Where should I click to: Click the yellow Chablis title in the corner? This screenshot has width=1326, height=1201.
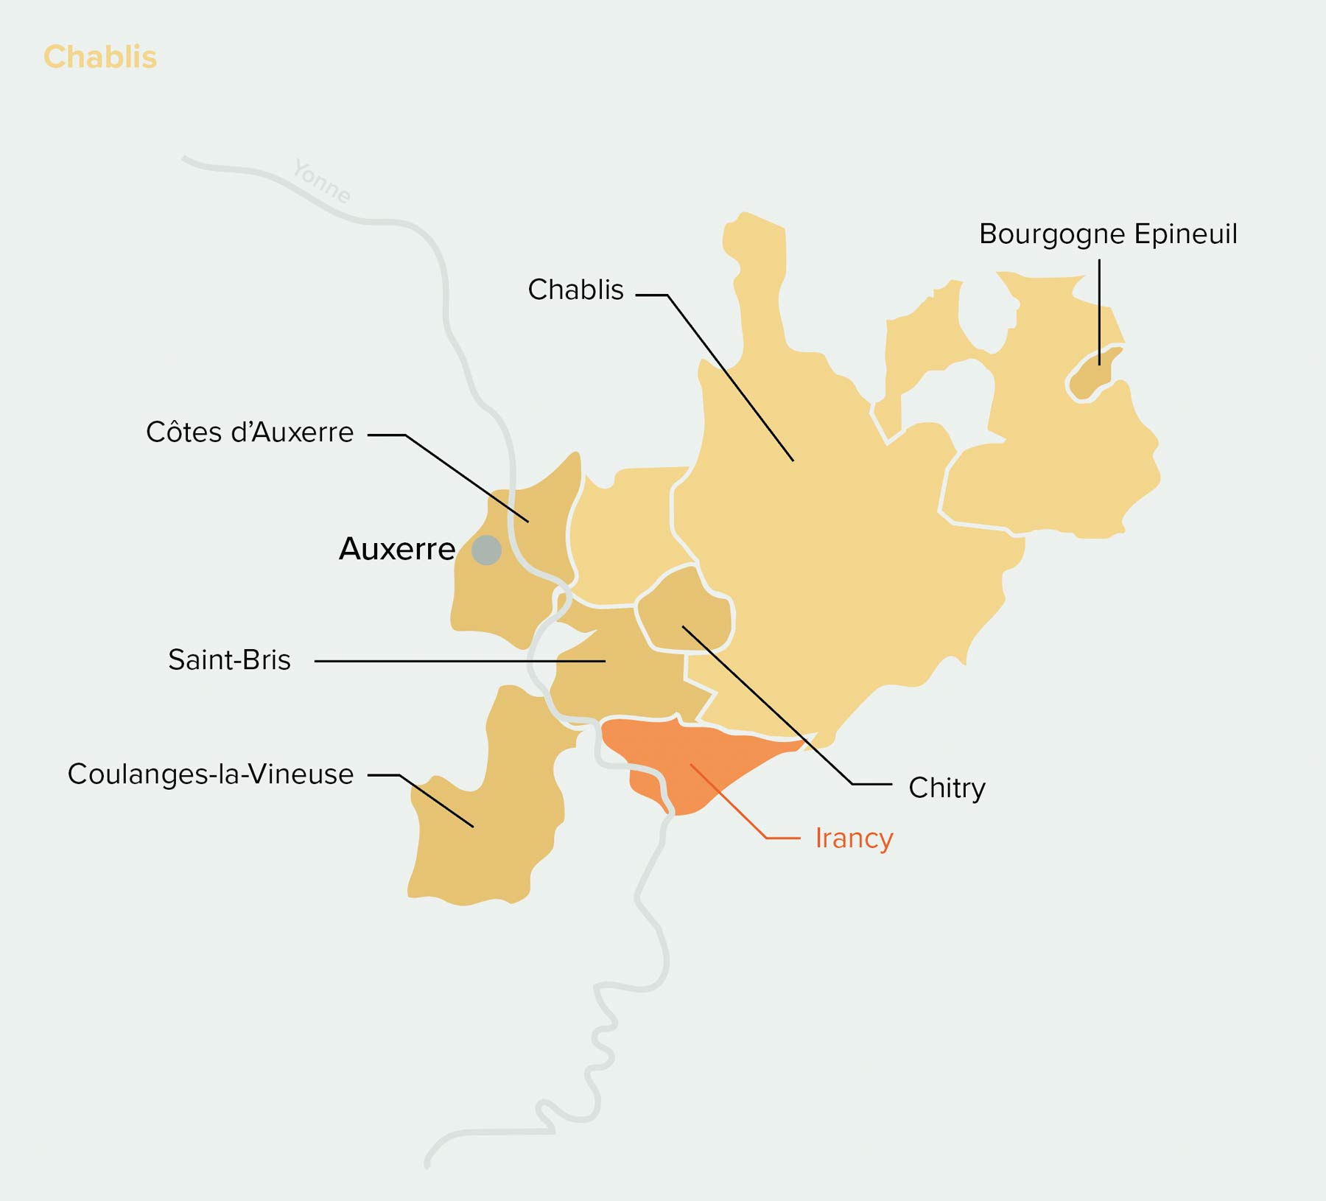[100, 57]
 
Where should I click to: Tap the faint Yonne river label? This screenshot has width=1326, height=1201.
[322, 181]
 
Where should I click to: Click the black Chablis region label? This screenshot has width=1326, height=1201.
[575, 290]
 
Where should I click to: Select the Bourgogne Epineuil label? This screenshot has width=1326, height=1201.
[1107, 234]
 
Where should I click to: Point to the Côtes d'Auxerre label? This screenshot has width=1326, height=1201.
[250, 433]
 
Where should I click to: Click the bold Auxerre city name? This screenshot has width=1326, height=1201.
[397, 549]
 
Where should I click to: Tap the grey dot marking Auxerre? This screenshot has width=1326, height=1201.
[486, 550]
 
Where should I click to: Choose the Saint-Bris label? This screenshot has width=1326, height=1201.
[229, 659]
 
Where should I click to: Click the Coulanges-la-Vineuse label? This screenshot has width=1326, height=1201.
[211, 774]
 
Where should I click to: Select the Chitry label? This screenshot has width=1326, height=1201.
[947, 788]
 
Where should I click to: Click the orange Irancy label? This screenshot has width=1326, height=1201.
[854, 838]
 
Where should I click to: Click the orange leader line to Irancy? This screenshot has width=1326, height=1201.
[729, 802]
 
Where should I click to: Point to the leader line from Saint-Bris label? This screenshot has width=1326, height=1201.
[457, 661]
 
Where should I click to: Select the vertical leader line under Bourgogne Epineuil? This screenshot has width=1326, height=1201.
[1099, 309]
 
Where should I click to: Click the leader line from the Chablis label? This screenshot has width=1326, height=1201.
[729, 377]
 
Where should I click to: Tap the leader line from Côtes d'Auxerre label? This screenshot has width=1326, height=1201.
[464, 477]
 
